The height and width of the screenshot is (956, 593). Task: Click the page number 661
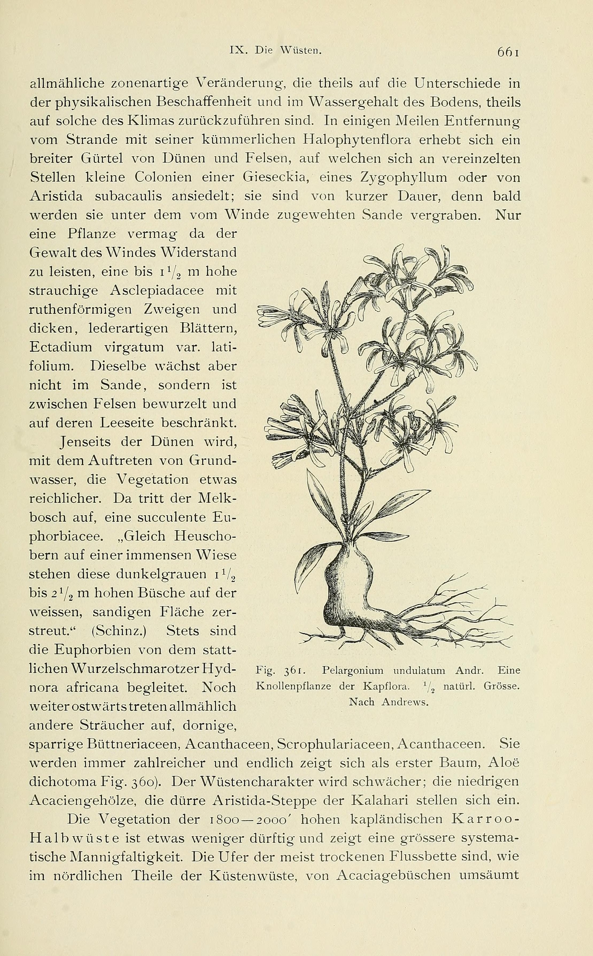[508, 52]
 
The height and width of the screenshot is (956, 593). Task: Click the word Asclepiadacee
[157, 291]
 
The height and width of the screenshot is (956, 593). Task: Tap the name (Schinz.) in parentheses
[114, 631]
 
